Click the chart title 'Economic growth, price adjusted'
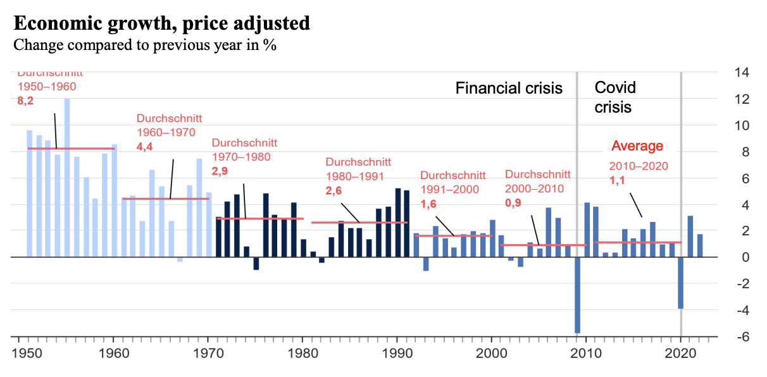click(161, 24)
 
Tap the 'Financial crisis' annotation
click(509, 88)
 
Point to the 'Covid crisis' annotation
click(614, 97)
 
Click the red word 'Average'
click(637, 146)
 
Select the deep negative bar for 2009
click(577, 295)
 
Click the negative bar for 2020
click(681, 283)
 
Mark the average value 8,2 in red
click(25, 100)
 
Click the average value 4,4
click(145, 146)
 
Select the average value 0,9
click(513, 203)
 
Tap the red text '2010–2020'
click(639, 166)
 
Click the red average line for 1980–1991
click(359, 223)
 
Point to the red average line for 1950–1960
click(71, 149)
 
